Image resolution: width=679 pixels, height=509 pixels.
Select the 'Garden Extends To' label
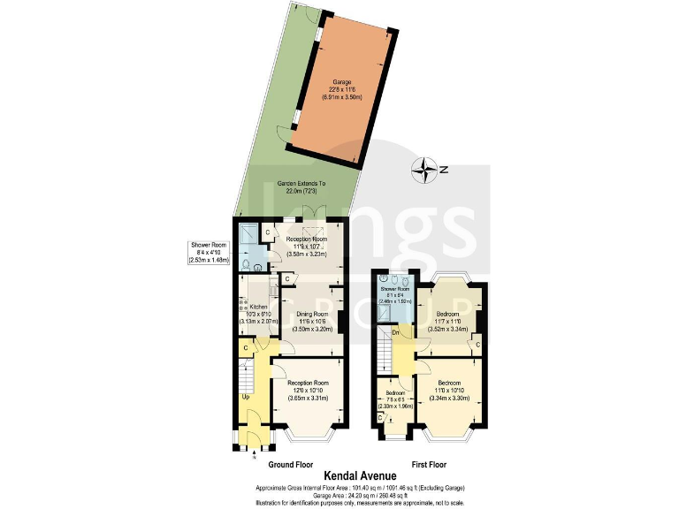coord(308,184)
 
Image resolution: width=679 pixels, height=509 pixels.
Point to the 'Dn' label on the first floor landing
coord(395,332)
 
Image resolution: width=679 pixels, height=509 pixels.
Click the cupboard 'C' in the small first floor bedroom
coord(380,415)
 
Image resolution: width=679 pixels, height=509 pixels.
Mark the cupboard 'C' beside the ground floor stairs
coord(245,348)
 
